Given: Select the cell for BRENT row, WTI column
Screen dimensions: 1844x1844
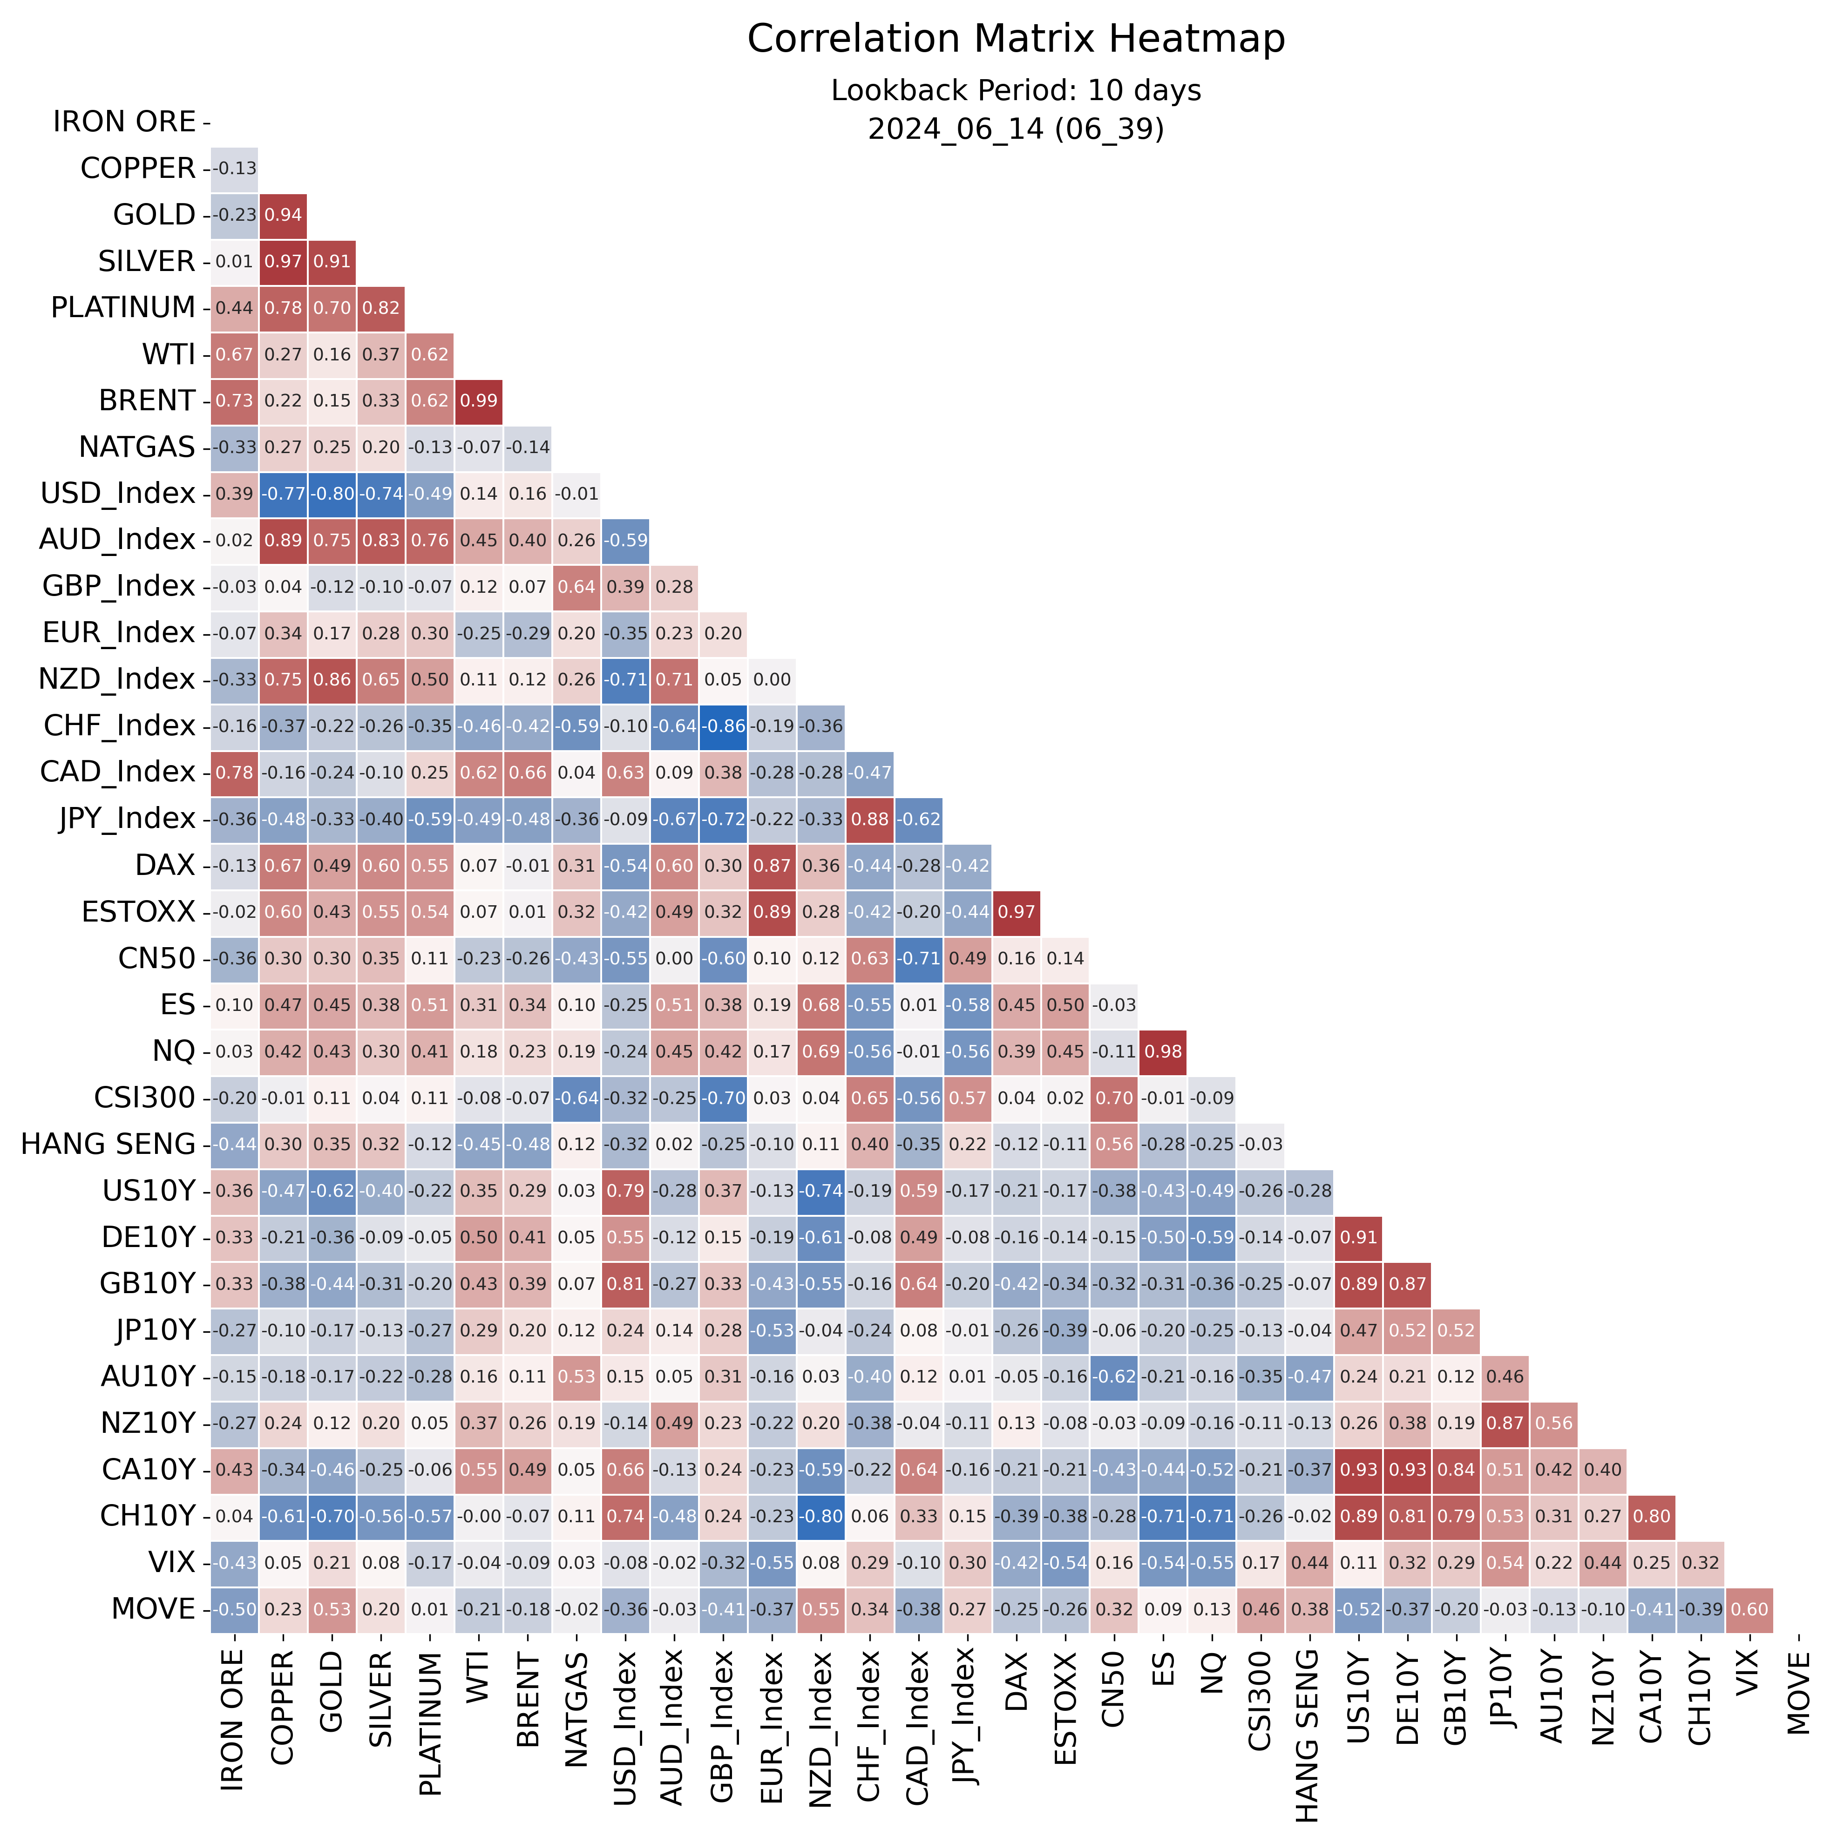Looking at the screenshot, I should point(479,401).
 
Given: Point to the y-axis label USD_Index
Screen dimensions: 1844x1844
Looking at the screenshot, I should point(117,494).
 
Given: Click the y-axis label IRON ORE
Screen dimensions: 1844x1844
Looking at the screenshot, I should point(124,122).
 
